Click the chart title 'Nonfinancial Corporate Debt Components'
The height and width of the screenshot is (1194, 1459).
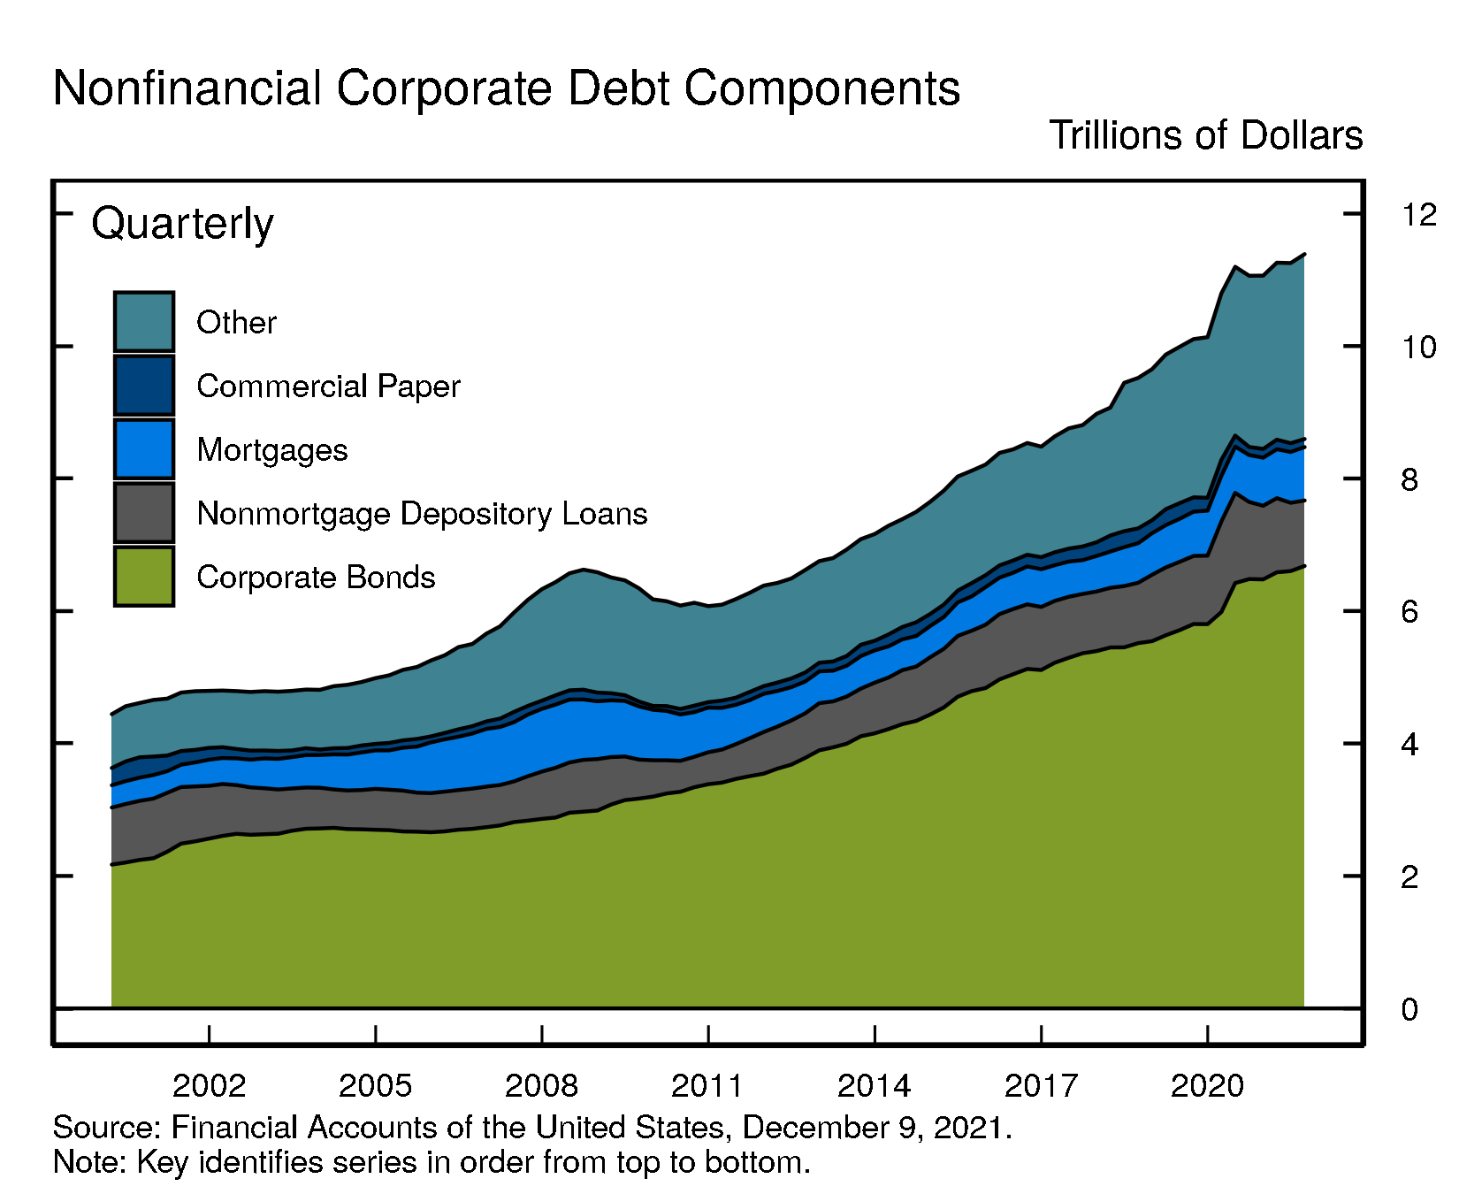pyautogui.click(x=506, y=88)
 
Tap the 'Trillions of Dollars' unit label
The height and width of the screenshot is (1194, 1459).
pyautogui.click(x=1205, y=136)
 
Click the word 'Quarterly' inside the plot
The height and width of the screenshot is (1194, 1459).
pyautogui.click(x=182, y=223)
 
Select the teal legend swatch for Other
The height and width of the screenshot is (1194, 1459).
pyautogui.click(x=144, y=322)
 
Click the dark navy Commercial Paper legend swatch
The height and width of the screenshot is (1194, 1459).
pyautogui.click(x=144, y=386)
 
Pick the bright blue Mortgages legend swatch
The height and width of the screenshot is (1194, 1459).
pyautogui.click(x=144, y=449)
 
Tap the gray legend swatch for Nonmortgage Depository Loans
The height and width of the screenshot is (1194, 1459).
pyautogui.click(x=144, y=513)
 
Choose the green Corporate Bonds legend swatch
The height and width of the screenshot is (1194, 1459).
pyautogui.click(x=144, y=577)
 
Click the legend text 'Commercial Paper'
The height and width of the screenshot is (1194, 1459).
pyautogui.click(x=328, y=387)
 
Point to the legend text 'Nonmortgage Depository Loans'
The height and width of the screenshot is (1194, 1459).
pyautogui.click(x=422, y=514)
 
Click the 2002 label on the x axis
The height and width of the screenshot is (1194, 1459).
pyautogui.click(x=209, y=1085)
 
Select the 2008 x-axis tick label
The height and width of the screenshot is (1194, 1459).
pyautogui.click(x=541, y=1085)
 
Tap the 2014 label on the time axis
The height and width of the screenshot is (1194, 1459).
pyautogui.click(x=874, y=1085)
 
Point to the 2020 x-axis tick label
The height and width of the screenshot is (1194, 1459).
pyautogui.click(x=1207, y=1085)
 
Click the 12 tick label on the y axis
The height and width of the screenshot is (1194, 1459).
pyautogui.click(x=1418, y=215)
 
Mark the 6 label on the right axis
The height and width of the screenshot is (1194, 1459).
pyautogui.click(x=1409, y=612)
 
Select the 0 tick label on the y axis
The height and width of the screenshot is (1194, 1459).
pyautogui.click(x=1409, y=1009)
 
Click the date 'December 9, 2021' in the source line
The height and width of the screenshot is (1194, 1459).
pyautogui.click(x=875, y=1128)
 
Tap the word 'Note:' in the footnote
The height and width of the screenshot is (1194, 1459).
pyautogui.click(x=90, y=1161)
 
